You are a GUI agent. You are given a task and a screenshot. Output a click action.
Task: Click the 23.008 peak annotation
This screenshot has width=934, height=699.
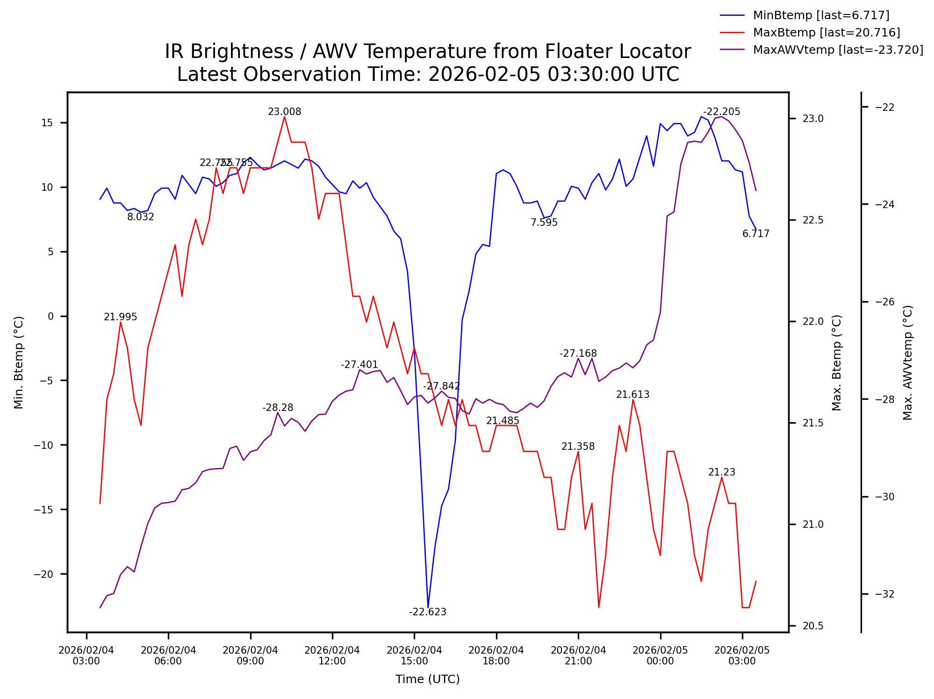point(284,112)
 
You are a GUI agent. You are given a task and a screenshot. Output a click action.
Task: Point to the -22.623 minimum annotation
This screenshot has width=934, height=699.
point(427,612)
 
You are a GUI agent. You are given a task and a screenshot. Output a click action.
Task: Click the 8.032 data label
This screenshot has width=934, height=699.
point(140,217)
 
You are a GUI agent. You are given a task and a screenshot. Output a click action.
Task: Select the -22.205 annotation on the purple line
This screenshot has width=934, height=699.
point(721,112)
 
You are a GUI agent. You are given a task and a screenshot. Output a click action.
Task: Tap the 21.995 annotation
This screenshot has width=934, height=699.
point(120,317)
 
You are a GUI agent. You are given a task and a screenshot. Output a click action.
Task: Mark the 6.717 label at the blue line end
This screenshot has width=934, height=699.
point(755,234)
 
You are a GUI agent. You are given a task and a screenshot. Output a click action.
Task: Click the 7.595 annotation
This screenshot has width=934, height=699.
point(544,223)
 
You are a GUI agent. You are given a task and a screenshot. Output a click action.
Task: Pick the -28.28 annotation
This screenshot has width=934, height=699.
point(277,408)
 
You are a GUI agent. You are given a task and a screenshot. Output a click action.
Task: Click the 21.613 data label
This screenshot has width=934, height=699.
point(632,395)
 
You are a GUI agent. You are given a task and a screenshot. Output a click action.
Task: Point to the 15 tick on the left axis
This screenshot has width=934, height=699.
point(47,123)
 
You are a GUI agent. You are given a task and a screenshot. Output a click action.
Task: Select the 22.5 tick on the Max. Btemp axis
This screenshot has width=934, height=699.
point(813,220)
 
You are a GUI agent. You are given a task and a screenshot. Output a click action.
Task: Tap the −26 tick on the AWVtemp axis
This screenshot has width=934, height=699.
point(884,302)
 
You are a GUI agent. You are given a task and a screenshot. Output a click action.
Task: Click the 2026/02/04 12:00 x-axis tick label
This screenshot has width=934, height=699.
point(332,656)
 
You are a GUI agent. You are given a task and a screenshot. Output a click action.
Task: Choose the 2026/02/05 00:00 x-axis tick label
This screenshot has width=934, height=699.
point(660,656)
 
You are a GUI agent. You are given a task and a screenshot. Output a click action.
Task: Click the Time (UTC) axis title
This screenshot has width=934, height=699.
point(427,679)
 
